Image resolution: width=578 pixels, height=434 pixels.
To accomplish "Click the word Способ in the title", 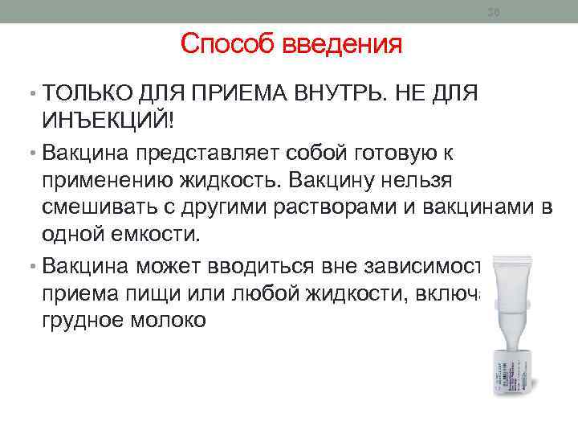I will click(x=228, y=43).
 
